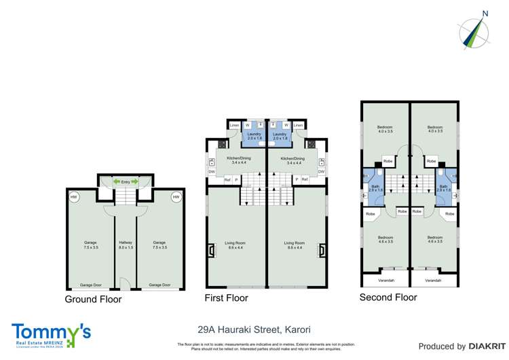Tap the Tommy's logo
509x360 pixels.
(x=50, y=333)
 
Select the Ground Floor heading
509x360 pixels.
(x=93, y=299)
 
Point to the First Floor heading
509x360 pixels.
(x=226, y=298)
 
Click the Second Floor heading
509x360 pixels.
(x=389, y=297)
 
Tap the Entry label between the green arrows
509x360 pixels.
(x=126, y=181)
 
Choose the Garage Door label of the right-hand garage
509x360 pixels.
(x=159, y=285)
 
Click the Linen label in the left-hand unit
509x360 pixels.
(x=234, y=126)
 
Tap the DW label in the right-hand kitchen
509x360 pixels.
(x=321, y=172)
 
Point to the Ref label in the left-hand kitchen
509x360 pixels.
(x=227, y=179)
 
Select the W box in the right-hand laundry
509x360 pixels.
(x=286, y=126)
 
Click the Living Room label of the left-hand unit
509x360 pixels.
(x=235, y=245)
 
